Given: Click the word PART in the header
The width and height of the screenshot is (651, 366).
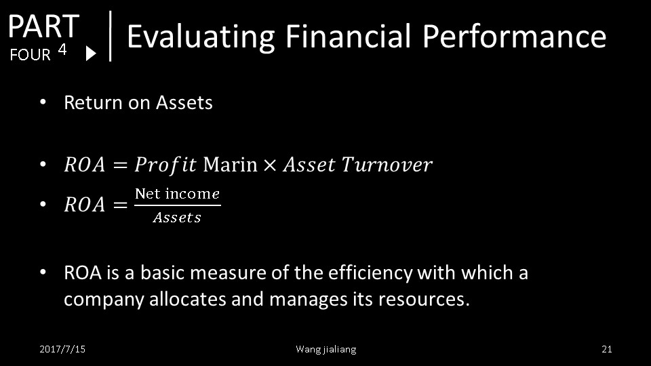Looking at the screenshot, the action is point(43,26).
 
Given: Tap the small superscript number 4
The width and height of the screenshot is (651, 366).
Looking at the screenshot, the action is point(62,49).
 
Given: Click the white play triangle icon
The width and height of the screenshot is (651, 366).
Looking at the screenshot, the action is point(91,54).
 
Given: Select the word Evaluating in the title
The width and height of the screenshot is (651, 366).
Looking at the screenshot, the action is point(201,37).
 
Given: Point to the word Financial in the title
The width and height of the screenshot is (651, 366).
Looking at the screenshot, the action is point(348,36).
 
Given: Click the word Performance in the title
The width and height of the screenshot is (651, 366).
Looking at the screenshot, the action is point(515,36).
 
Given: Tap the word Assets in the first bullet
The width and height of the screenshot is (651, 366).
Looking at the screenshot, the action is point(184,102).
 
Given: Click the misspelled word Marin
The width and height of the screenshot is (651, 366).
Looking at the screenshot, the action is point(230,164).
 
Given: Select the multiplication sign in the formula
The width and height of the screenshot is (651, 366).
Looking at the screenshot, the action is point(270,165).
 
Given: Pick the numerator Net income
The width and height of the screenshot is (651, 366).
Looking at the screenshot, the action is point(177,194).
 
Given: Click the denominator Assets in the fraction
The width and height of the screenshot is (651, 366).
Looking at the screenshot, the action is point(177,218).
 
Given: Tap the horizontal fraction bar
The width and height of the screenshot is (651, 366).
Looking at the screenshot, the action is point(178,205).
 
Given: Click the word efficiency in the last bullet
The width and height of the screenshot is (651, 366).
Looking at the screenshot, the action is point(370,273).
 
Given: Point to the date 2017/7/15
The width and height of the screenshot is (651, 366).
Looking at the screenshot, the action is point(62,349).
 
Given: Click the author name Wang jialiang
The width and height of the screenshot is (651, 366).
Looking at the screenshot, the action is point(326,350).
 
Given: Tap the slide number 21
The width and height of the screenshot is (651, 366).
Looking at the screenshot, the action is point(606,349).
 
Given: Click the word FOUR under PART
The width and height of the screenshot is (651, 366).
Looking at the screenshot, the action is point(30,55).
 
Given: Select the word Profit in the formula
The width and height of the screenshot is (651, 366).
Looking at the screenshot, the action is point(165,165).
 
